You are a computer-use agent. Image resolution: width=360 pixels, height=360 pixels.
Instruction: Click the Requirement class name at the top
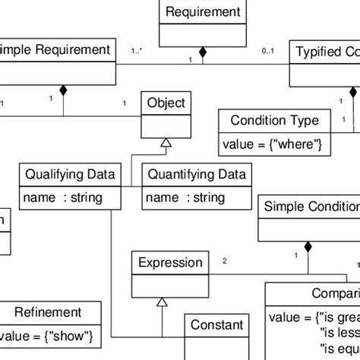click(203, 12)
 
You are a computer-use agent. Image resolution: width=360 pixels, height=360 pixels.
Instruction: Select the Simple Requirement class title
click(56, 50)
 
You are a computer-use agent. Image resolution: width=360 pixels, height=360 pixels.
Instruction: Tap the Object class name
click(165, 103)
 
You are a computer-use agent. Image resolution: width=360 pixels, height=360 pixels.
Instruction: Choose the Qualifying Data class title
click(70, 175)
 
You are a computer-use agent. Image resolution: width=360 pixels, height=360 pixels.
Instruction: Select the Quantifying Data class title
click(196, 175)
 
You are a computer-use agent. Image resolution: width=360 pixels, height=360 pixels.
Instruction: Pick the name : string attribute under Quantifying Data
click(185, 198)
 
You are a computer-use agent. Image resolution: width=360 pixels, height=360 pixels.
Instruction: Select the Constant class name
click(216, 325)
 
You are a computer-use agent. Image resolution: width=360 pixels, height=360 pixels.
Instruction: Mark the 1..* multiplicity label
click(138, 51)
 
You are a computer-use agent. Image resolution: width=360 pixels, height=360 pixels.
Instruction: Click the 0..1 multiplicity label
click(267, 51)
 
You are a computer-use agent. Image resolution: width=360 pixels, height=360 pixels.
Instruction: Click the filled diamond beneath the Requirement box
click(202, 52)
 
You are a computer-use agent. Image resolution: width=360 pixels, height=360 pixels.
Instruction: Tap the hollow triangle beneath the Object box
click(164, 142)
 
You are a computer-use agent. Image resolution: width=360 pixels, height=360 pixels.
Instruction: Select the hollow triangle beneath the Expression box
click(161, 302)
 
